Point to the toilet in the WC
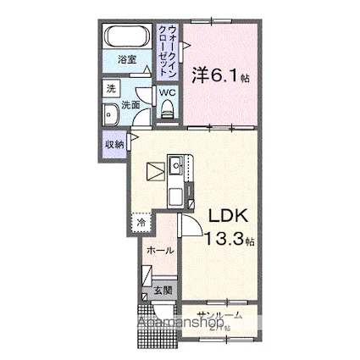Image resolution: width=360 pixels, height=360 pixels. [168, 106]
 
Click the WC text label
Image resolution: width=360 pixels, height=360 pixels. [168, 91]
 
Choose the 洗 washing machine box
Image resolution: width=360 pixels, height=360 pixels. [110, 88]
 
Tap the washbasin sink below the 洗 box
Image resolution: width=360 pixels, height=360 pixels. [109, 116]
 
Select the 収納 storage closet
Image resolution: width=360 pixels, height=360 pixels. [114, 145]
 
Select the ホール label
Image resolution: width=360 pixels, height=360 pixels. [160, 251]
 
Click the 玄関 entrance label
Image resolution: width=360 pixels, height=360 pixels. [163, 291]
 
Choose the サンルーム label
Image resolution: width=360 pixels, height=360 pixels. [220, 314]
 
